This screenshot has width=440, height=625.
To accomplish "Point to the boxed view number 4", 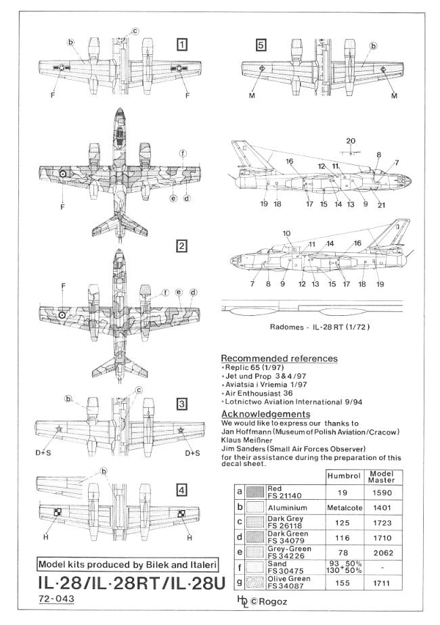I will (x=181, y=490).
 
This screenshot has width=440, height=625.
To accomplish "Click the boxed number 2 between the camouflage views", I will (x=181, y=246).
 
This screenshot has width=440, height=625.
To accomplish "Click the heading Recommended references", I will (x=279, y=358).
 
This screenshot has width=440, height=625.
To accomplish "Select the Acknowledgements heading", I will (x=265, y=414).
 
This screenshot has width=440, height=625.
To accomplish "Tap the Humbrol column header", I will (x=345, y=476).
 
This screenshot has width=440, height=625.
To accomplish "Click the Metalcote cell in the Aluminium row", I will (x=345, y=505).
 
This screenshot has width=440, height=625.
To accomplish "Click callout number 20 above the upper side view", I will (x=349, y=140).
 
